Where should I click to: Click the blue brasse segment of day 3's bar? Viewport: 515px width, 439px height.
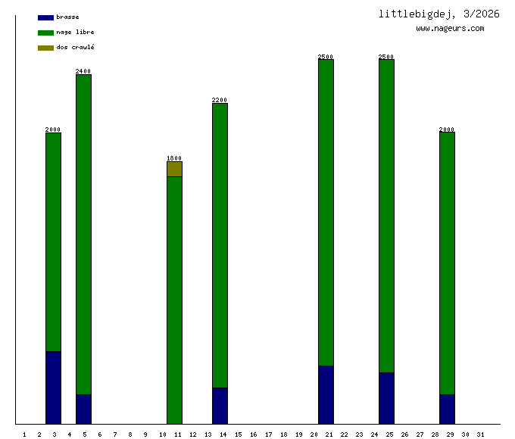pyautogui.click(x=53, y=387)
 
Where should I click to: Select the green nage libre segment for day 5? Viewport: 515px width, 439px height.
pyautogui.click(x=83, y=234)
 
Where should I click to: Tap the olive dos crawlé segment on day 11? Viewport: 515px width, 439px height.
pyautogui.click(x=174, y=169)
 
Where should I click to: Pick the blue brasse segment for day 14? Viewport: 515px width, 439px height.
pyautogui.click(x=220, y=405)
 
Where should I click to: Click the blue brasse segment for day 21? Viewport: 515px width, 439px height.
pyautogui.click(x=326, y=394)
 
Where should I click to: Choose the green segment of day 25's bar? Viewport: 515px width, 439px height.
pyautogui.click(x=386, y=216)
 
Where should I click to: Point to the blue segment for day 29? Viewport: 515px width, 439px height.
pyautogui.click(x=447, y=409)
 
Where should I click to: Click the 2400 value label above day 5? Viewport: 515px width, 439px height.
pyautogui.click(x=83, y=71)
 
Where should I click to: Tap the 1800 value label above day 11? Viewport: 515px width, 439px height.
pyautogui.click(x=174, y=158)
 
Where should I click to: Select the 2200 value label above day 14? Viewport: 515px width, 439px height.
pyautogui.click(x=220, y=100)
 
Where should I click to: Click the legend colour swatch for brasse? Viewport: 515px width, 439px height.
pyautogui.click(x=45, y=17)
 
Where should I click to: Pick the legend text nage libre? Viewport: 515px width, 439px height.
pyautogui.click(x=75, y=33)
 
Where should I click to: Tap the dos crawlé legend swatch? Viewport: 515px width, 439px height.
pyautogui.click(x=45, y=48)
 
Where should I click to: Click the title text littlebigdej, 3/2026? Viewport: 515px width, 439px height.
pyautogui.click(x=439, y=14)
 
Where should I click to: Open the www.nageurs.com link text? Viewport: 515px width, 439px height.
pyautogui.click(x=450, y=29)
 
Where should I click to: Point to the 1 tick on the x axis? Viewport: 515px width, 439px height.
pyautogui.click(x=24, y=434)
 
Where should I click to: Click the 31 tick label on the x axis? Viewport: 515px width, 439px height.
pyautogui.click(x=480, y=434)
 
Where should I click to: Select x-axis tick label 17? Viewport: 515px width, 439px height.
pyautogui.click(x=268, y=434)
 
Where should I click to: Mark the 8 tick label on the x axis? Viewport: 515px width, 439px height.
pyautogui.click(x=130, y=434)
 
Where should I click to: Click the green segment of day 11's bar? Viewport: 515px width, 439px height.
pyautogui.click(x=174, y=300)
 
